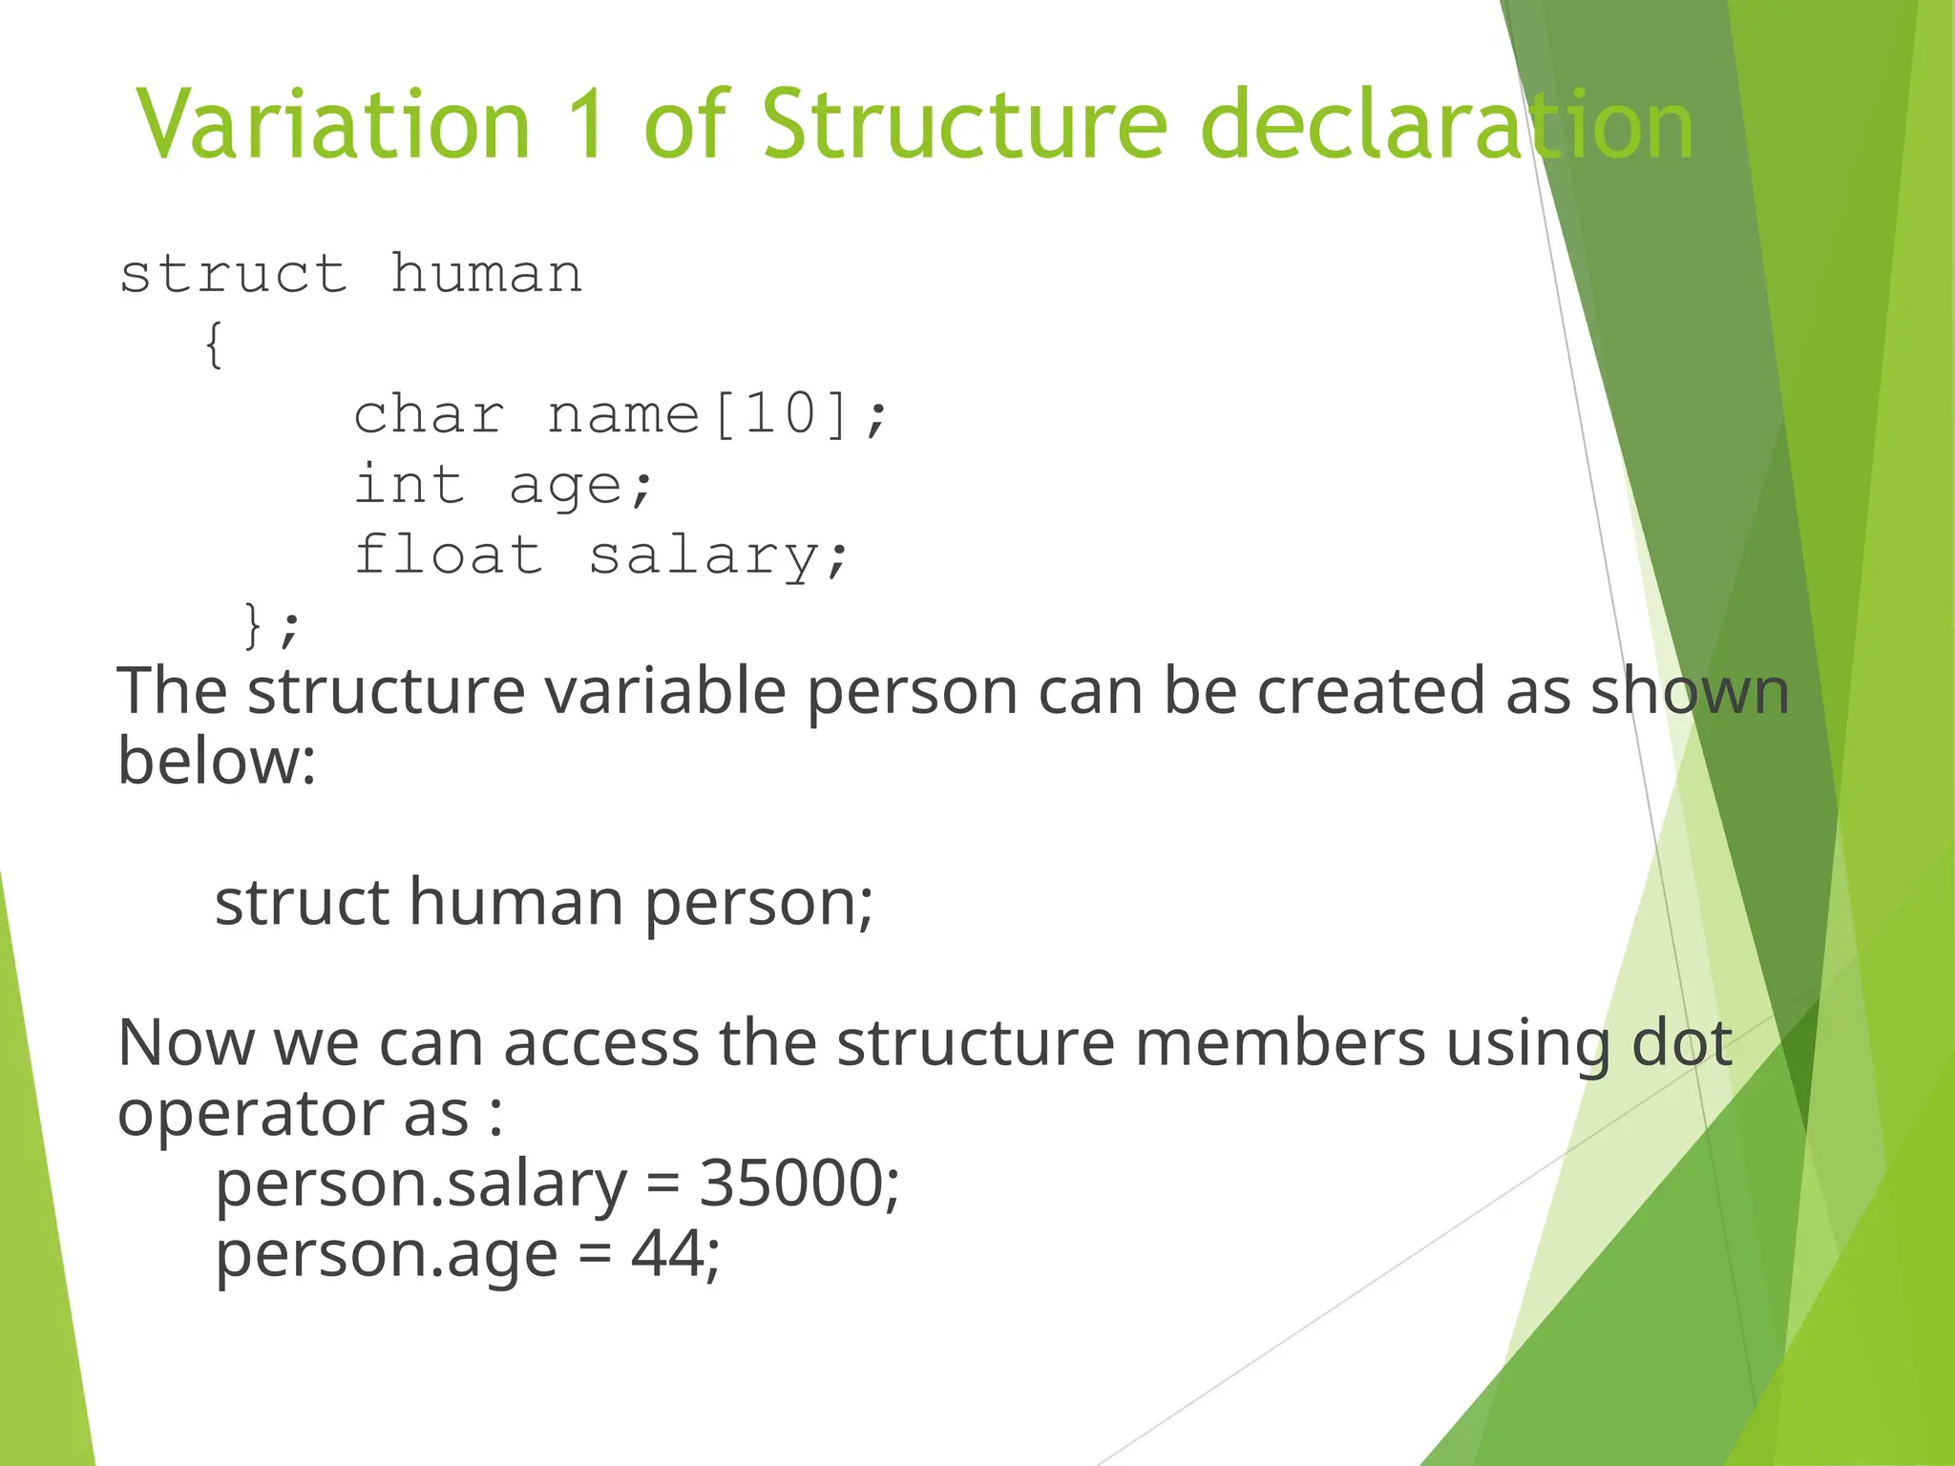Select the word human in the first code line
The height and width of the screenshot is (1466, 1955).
click(x=486, y=275)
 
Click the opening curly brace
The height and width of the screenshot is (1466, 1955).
click(x=215, y=345)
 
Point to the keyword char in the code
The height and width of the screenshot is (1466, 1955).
click(x=429, y=415)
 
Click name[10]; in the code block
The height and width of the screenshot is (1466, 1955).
click(x=717, y=415)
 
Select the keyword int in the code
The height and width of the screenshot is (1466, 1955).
click(x=410, y=485)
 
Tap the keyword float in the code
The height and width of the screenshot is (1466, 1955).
click(x=448, y=555)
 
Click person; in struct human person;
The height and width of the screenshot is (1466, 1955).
click(x=758, y=903)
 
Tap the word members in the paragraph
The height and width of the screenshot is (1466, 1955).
click(x=1279, y=1042)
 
